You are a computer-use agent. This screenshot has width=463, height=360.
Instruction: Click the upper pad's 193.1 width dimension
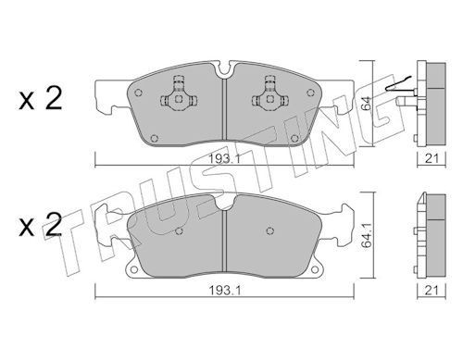coord(225,159)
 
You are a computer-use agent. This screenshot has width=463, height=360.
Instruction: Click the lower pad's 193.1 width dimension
coord(225,291)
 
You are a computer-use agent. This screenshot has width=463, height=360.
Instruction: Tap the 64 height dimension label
coord(366,104)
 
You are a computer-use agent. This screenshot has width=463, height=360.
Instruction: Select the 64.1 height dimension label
coord(366,236)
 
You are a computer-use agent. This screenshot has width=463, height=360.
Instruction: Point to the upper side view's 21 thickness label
coord(432,159)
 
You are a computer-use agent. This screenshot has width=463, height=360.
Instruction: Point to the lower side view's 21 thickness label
coord(432,290)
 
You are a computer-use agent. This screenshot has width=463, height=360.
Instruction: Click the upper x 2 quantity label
coord(41,98)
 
